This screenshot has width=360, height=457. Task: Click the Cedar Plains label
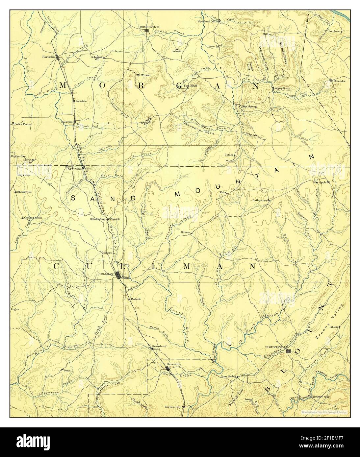click(19, 124)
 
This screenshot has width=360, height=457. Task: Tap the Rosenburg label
click(159, 347)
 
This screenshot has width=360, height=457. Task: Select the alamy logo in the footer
click(36, 442)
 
